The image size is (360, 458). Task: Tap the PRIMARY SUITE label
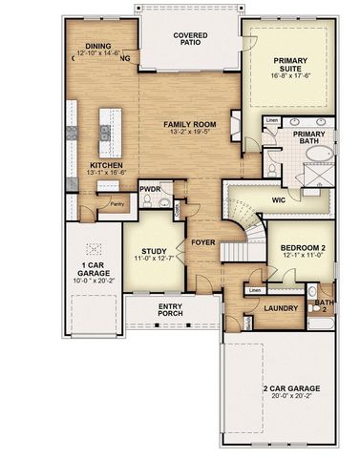(x=290, y=64)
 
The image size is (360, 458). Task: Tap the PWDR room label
(x=150, y=189)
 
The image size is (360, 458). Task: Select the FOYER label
(x=202, y=241)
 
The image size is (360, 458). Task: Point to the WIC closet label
(x=279, y=200)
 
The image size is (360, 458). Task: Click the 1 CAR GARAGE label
(x=93, y=267)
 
